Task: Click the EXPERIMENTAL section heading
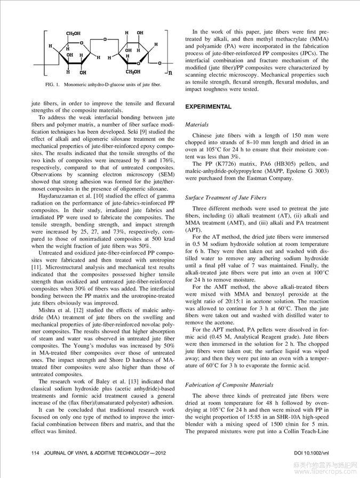click(x=208, y=107)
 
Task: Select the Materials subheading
click(x=197, y=125)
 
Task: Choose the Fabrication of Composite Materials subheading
click(x=229, y=385)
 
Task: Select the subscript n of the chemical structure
click(x=170, y=72)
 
